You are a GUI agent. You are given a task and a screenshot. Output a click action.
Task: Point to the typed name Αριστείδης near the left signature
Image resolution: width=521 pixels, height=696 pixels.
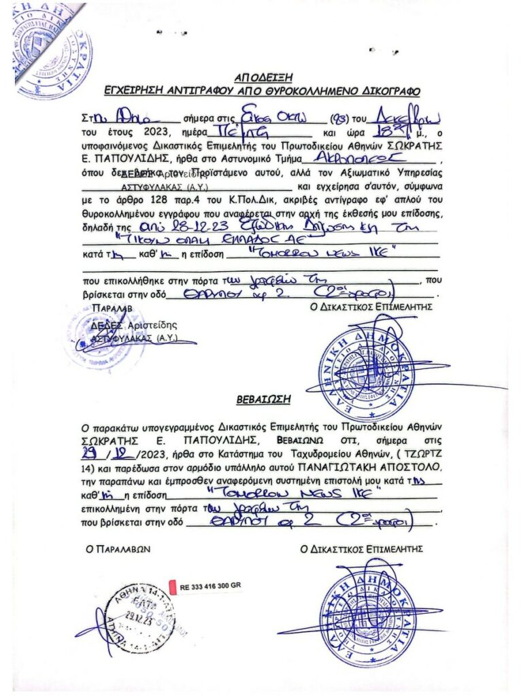pos(147,326)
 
